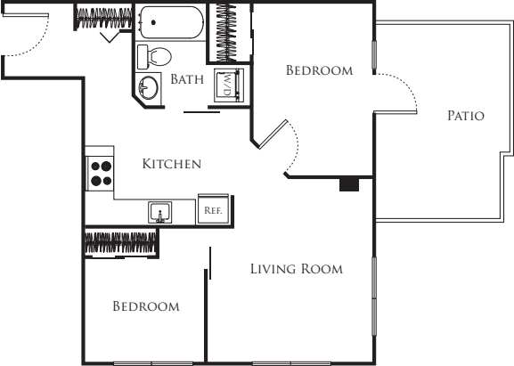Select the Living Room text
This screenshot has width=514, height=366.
296,269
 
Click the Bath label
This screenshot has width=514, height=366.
187,79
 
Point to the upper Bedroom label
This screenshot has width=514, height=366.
319,69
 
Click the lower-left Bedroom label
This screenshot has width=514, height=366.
145,306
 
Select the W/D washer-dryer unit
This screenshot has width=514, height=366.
228,85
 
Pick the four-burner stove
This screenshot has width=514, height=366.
100,172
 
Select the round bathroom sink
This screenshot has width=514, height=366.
150,88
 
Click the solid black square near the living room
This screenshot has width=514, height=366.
349,185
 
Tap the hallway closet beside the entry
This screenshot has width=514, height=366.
104,16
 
